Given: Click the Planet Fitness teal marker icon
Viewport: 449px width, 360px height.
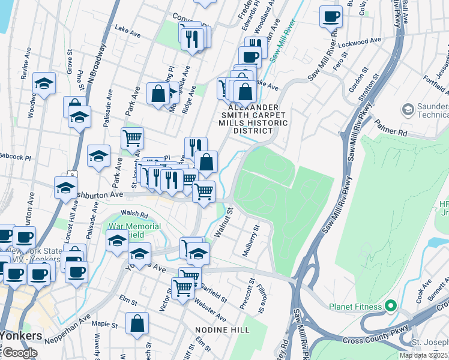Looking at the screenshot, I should pos(391,307).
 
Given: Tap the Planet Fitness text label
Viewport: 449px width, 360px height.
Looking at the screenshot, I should pos(355,307).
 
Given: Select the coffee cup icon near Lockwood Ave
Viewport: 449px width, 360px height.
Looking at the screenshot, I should pos(330,16).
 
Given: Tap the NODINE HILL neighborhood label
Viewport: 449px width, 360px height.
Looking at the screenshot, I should pos(218,330).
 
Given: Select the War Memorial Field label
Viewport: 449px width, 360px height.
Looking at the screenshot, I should pos(134,230).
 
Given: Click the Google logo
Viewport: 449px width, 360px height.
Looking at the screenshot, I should pos(19,353).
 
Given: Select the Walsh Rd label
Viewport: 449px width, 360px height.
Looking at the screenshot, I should pos(134,214).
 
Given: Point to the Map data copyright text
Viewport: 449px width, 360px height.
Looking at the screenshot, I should pos(424,355).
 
